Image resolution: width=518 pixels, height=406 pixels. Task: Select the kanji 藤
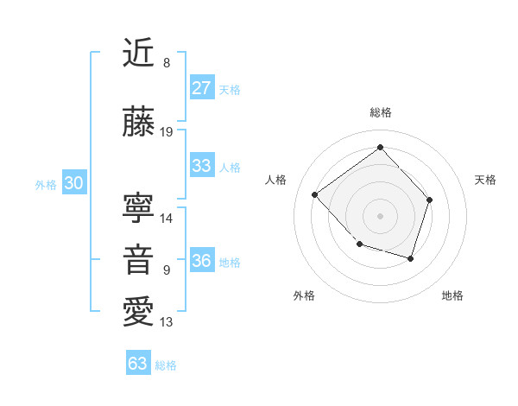tap(139, 124)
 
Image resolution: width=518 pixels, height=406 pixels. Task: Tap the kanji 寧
tap(139, 206)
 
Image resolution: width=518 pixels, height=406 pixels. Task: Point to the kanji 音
tap(139, 259)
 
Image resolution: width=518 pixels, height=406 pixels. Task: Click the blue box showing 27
tap(201, 87)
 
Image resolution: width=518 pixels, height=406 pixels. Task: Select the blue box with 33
tap(201, 166)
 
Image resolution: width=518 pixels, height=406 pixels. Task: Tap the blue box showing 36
tap(201, 261)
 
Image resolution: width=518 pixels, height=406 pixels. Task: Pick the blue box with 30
tap(73, 183)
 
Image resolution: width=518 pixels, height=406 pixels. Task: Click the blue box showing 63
tap(137, 364)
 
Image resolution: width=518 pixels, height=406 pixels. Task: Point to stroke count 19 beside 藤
tap(167, 132)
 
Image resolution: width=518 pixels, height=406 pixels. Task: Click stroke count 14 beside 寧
tap(167, 218)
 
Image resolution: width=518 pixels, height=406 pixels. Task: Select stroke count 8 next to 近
tap(167, 62)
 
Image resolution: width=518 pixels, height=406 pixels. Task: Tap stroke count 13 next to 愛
tap(167, 322)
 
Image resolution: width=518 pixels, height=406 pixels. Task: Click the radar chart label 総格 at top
tap(380, 112)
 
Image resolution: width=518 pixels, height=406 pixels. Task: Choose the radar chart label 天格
tap(485, 180)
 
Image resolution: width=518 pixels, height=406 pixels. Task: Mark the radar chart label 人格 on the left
tap(276, 180)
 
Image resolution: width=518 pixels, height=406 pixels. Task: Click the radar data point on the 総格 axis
tap(380, 147)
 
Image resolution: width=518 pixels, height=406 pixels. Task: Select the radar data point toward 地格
tap(411, 258)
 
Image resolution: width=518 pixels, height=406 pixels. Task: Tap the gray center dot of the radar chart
tap(380, 215)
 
